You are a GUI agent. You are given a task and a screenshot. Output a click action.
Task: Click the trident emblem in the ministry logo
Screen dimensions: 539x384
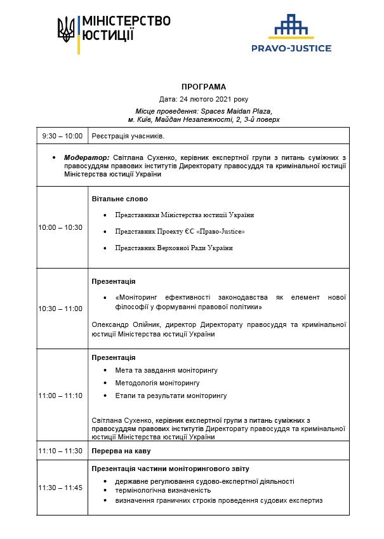[x=66, y=29]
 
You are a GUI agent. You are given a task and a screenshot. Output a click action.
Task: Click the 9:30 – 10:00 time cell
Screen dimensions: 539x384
[x=63, y=136]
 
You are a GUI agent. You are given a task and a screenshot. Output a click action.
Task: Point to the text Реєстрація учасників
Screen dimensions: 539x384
[x=128, y=136]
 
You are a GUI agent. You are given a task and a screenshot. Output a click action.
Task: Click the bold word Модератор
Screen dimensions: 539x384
[x=86, y=157]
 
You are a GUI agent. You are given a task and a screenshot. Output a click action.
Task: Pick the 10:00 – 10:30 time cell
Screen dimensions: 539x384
[x=60, y=227]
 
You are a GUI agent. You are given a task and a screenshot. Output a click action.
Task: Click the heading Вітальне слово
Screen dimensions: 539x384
[x=120, y=199]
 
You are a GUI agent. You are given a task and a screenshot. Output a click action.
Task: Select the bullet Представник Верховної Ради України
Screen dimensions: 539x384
[x=174, y=248]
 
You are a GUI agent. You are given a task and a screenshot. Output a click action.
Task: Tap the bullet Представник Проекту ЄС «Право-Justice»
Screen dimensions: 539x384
[x=180, y=231]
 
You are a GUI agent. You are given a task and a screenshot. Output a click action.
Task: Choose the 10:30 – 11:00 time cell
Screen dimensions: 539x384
[x=60, y=309]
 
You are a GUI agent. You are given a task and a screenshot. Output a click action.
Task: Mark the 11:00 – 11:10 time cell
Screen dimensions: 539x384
[x=60, y=396]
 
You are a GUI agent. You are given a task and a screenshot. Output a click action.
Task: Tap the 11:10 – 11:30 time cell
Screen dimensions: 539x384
[x=60, y=451]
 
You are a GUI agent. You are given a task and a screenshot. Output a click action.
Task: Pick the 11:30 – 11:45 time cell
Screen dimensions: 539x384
[x=60, y=488]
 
